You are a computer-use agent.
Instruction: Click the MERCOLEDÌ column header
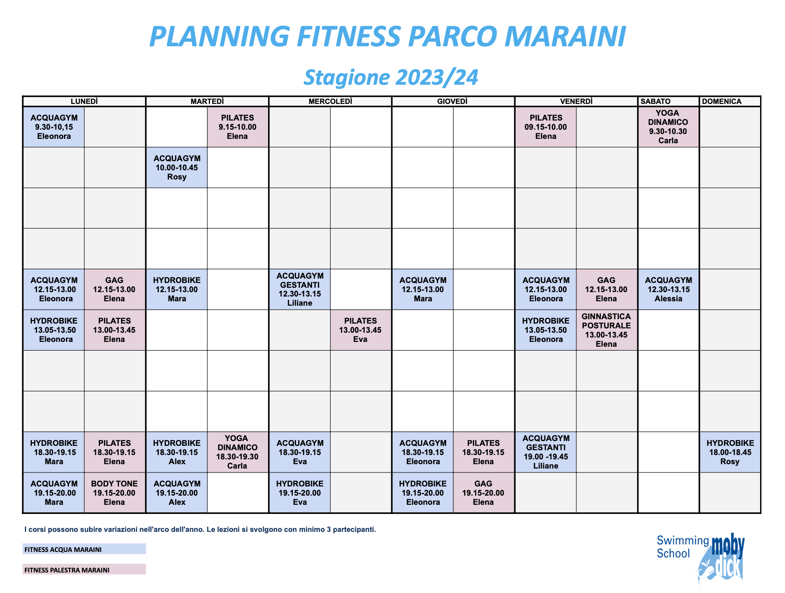(330, 101)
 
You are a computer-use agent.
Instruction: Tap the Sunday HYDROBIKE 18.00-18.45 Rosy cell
(730, 452)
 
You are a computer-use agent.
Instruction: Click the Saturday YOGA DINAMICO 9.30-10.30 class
(668, 127)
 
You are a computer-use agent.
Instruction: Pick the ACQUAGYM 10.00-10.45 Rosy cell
(177, 167)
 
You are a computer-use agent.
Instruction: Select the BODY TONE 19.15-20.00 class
(114, 493)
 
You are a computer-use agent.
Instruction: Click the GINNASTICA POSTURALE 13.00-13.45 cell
(606, 330)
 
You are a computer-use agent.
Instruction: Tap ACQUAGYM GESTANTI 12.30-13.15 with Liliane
(300, 289)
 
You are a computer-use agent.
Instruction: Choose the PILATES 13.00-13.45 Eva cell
(361, 330)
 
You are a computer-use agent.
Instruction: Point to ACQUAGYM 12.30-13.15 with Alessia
(668, 289)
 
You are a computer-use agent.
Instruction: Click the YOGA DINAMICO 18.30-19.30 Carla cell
(238, 452)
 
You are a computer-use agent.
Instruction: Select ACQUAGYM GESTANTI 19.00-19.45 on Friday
(546, 452)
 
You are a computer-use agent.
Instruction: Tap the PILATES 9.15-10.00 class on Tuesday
(238, 127)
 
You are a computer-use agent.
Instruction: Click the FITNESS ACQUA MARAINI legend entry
(84, 549)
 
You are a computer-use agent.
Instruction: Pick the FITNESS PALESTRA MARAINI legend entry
(84, 569)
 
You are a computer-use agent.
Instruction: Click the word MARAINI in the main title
(565, 36)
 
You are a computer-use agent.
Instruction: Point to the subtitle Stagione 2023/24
(391, 77)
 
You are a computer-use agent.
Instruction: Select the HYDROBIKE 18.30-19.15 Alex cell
(177, 452)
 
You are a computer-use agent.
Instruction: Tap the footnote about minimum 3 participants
(200, 529)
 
